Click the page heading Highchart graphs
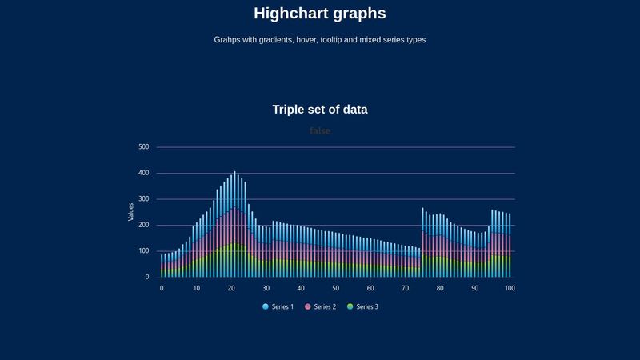(x=319, y=14)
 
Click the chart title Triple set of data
(x=319, y=110)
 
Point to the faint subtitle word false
(x=319, y=130)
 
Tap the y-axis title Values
(x=131, y=211)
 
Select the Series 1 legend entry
(x=278, y=306)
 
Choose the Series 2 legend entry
(x=320, y=306)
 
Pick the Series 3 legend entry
(x=362, y=306)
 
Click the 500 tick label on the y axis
(x=143, y=147)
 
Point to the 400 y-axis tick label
(x=143, y=173)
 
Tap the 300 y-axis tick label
(x=143, y=199)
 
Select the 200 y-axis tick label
(x=143, y=225)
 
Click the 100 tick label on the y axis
(x=143, y=251)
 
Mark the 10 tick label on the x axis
(x=196, y=288)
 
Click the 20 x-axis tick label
(x=231, y=288)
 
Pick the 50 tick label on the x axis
(x=335, y=288)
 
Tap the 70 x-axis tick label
(x=405, y=288)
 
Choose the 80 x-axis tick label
(x=440, y=288)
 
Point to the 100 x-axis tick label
(x=510, y=288)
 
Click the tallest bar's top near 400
(x=234, y=173)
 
